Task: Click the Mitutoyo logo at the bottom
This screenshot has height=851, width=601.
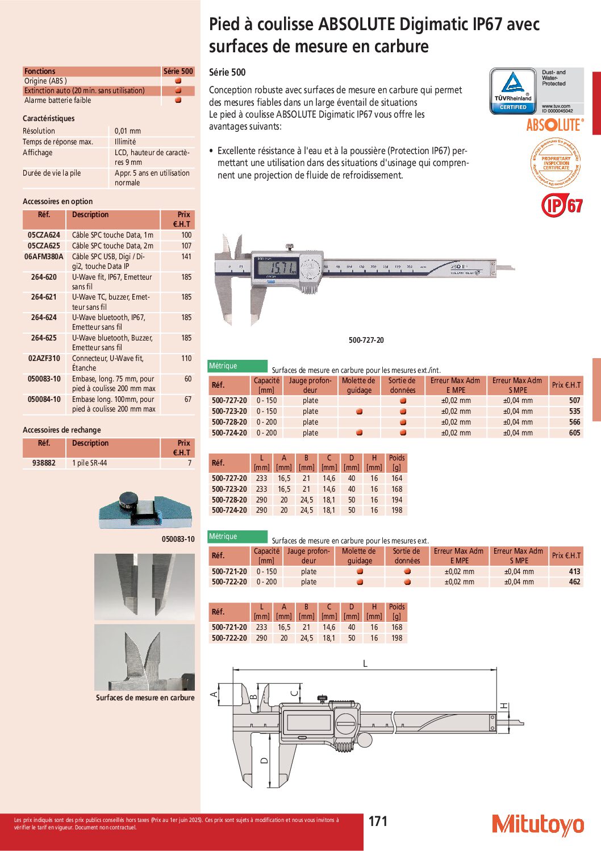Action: (x=537, y=824)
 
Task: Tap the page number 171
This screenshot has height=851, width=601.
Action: (x=378, y=821)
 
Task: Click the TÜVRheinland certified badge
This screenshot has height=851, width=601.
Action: (x=513, y=91)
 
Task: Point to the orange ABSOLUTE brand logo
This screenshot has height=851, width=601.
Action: (x=554, y=125)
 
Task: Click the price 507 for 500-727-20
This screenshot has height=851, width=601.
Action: (x=574, y=401)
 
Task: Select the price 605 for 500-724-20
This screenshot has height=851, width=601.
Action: (x=574, y=433)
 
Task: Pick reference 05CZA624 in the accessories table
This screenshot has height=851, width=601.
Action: (x=44, y=235)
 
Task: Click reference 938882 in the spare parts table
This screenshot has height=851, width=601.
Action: (x=44, y=463)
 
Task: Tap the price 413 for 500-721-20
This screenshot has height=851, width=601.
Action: (x=574, y=572)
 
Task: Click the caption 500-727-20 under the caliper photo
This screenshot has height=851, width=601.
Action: (x=366, y=341)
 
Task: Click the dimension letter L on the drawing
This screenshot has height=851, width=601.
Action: (x=365, y=663)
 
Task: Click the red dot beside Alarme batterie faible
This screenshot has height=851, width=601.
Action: (x=178, y=101)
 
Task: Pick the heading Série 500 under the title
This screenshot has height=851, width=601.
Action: (x=227, y=73)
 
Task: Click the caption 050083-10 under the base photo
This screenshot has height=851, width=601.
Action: (x=178, y=539)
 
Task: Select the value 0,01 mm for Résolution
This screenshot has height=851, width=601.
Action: (x=128, y=131)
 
